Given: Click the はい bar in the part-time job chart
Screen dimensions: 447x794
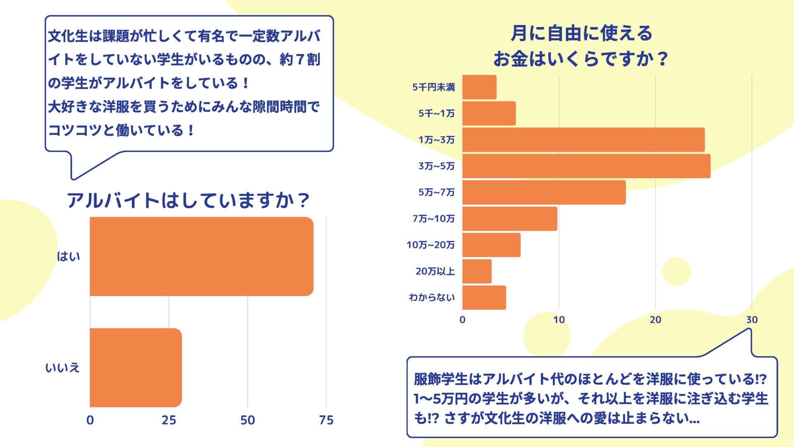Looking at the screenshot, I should point(201,256).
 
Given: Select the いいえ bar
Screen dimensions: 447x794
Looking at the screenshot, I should point(136,368).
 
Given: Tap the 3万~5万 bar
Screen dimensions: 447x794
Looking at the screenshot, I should point(586,166).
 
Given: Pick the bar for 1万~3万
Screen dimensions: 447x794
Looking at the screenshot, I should point(583,139).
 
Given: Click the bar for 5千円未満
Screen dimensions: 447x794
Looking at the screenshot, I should point(479,87).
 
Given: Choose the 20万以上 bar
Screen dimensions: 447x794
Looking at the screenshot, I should point(477,271).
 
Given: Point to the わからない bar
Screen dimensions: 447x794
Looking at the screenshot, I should point(484,297).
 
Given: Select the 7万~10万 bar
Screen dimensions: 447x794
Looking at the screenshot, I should point(509,219).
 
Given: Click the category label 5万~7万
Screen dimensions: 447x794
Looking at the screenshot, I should point(436,192).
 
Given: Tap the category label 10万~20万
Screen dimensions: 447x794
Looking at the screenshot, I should point(430,245).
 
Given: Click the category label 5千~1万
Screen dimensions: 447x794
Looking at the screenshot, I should point(436,113).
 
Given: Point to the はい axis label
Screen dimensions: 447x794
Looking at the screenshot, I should point(68,257).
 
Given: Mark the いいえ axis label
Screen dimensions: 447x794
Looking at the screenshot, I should point(62,368).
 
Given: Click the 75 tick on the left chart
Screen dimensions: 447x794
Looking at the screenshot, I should point(326,420).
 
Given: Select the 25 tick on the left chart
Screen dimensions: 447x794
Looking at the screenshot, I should point(169,420).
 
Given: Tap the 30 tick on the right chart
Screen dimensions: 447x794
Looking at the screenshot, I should point(752,320).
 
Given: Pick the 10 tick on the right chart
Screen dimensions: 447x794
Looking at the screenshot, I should point(559,320).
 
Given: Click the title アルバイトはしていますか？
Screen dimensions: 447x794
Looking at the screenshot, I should point(188,200).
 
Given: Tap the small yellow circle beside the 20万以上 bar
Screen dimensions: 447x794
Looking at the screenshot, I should point(676,272).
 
